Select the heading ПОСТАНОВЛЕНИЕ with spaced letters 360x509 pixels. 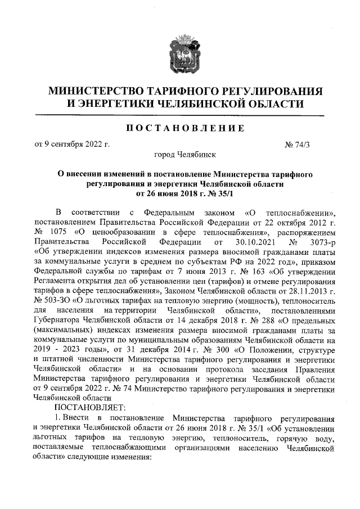pos(179,129)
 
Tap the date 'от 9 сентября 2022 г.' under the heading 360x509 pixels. pos(72,144)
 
